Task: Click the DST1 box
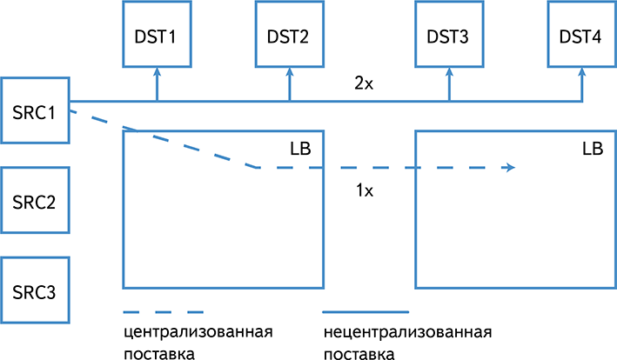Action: pos(157,35)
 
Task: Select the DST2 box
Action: pos(289,35)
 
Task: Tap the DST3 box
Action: pos(449,35)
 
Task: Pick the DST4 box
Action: pos(580,35)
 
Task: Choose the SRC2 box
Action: pos(35,202)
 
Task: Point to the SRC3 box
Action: pos(35,291)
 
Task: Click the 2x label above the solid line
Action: pos(364,84)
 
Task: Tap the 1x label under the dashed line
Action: pos(365,191)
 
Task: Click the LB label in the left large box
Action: pos(300,149)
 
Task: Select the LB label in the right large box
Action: pos(592,149)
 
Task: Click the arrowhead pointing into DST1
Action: pos(157,72)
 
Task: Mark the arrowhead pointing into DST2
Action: pos(289,72)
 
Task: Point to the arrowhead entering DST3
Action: pos(449,72)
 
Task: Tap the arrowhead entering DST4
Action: pos(580,72)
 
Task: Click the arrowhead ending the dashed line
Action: pos(507,169)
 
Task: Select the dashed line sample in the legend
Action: pos(164,311)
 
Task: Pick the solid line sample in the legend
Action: pos(366,311)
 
